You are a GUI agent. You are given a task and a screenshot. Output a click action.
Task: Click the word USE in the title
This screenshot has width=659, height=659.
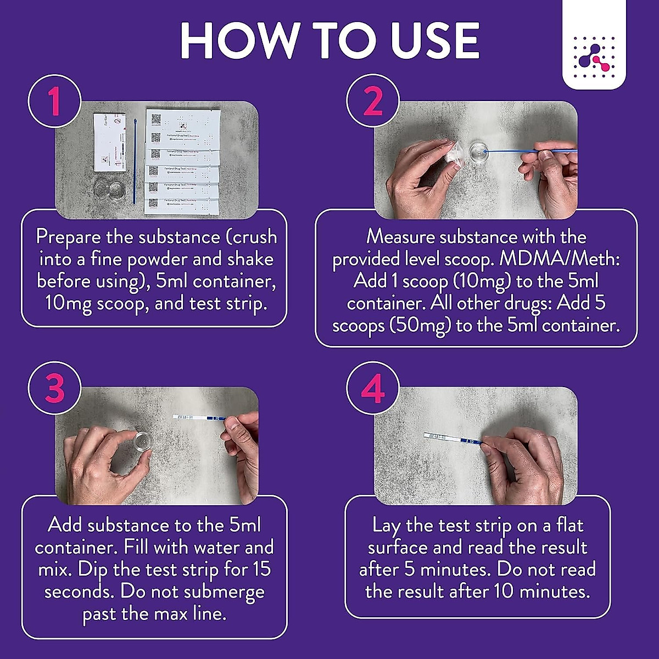428,41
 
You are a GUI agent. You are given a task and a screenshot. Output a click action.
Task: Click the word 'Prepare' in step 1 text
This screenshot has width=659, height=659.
68,237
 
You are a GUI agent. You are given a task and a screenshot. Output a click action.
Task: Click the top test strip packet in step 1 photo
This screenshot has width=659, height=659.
183,123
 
